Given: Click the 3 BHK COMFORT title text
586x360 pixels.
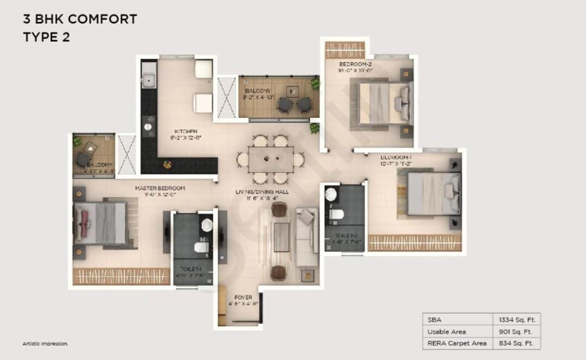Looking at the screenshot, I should [x=80, y=20].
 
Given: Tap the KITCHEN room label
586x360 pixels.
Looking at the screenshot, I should [x=181, y=131].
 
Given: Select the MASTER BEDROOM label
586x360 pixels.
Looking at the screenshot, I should [x=160, y=188].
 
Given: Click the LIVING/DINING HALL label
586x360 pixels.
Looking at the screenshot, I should [x=262, y=192].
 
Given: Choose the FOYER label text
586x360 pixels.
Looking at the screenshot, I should [x=243, y=297].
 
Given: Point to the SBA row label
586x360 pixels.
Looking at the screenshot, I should [x=434, y=319].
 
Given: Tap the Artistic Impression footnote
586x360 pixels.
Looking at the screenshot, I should [x=45, y=344].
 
